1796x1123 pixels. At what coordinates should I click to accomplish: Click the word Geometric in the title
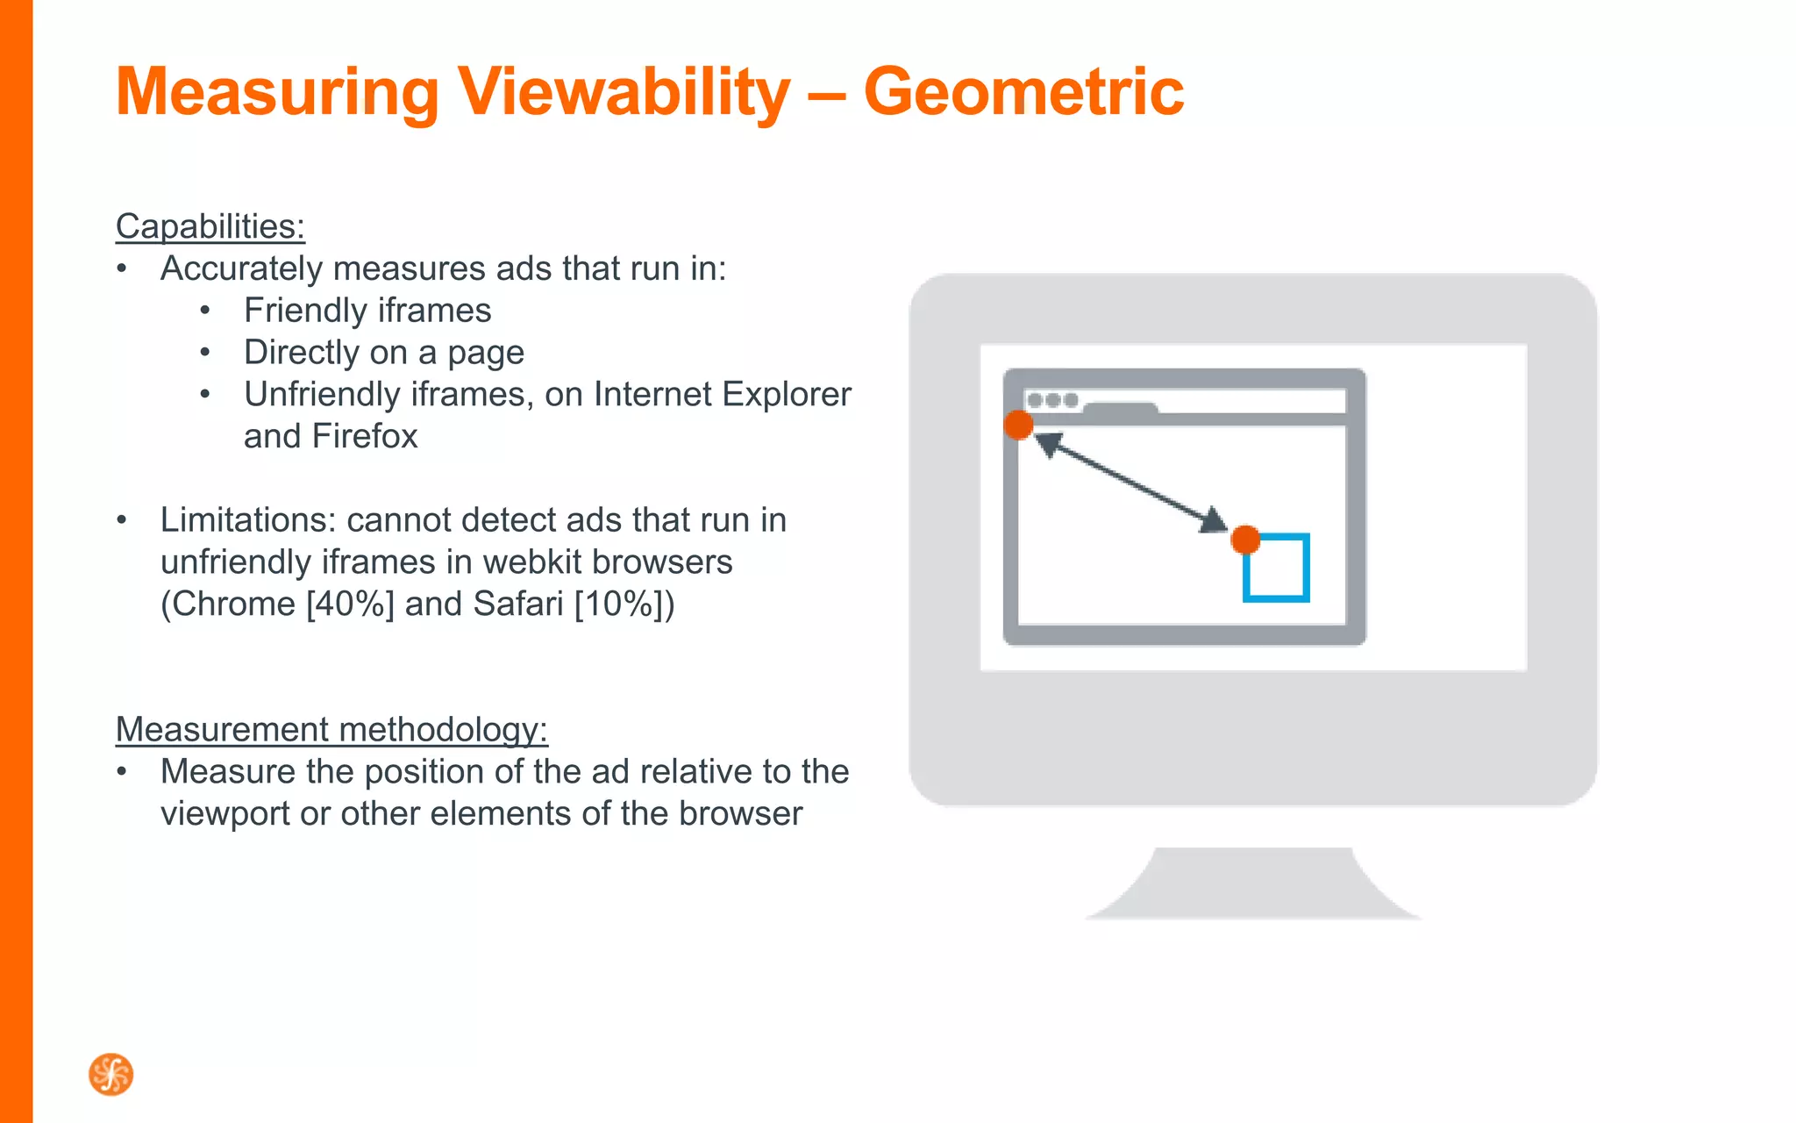click(x=1023, y=92)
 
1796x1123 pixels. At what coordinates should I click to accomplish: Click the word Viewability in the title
click(x=624, y=92)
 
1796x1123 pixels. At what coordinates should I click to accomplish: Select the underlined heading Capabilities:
click(x=210, y=226)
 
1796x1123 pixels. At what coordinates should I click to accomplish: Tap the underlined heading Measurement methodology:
click(x=331, y=729)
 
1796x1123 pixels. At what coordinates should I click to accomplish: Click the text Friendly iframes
click(x=367, y=311)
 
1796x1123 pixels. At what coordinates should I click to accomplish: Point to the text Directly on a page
click(x=383, y=353)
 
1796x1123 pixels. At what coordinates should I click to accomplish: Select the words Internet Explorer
click(x=722, y=395)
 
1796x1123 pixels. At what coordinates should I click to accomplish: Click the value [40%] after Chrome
click(x=350, y=604)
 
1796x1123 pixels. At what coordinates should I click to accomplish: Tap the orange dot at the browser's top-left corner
click(x=1018, y=426)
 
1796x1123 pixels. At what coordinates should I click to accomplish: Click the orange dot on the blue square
click(x=1245, y=540)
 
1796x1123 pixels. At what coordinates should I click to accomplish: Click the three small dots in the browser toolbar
click(x=1052, y=400)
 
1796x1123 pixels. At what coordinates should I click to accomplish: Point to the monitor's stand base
click(x=1252, y=886)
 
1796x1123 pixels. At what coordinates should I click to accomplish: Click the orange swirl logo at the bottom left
click(x=111, y=1075)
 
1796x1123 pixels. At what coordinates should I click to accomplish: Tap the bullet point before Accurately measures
click(x=122, y=269)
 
